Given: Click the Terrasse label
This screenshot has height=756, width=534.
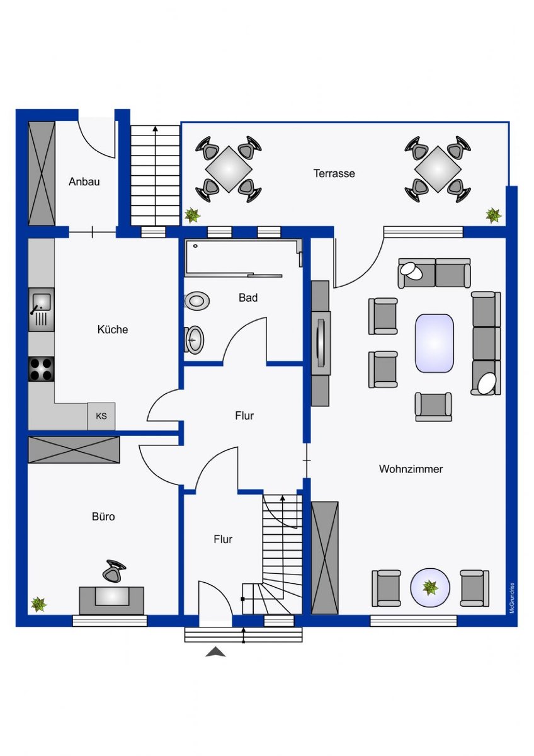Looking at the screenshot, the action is click(x=334, y=173).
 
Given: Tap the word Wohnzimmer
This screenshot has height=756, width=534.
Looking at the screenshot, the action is click(x=411, y=469).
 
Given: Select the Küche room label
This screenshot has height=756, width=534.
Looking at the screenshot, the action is click(x=113, y=329).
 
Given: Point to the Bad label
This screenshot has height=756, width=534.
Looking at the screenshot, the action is click(x=248, y=297).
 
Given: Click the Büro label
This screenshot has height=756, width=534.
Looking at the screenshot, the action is click(x=103, y=517).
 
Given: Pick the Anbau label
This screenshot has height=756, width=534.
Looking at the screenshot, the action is click(x=84, y=181).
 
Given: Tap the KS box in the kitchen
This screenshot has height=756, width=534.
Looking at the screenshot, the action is click(x=101, y=416).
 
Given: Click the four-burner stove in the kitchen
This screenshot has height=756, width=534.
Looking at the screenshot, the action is click(x=41, y=369).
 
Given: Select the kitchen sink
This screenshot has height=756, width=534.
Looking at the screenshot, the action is click(x=41, y=309).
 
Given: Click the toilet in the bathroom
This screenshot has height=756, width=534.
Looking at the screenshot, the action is click(x=197, y=301).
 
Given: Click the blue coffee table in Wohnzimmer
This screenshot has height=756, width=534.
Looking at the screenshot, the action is click(x=434, y=343).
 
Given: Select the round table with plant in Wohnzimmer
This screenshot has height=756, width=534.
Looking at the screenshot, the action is click(x=429, y=588).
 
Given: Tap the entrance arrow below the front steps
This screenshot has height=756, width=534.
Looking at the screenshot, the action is click(x=215, y=651).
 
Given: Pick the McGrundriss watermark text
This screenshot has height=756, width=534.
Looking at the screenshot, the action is click(x=512, y=598).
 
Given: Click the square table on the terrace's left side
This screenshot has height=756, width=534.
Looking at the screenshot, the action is click(x=229, y=169).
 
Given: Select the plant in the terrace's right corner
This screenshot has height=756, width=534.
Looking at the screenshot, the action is click(x=493, y=215).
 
